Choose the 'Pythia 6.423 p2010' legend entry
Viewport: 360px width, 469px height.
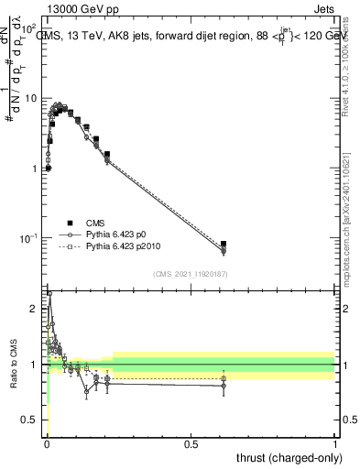pyautogui.click(x=128, y=247)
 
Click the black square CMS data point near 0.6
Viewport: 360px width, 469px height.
pyautogui.click(x=224, y=245)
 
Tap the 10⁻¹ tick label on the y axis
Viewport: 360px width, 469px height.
pyautogui.click(x=29, y=238)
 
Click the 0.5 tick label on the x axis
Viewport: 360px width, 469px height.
pyautogui.click(x=191, y=445)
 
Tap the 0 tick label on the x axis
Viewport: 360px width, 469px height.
pyautogui.click(x=46, y=445)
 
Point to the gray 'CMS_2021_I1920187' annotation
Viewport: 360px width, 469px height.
pyautogui.click(x=190, y=274)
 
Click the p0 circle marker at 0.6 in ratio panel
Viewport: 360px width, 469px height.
pyautogui.click(x=224, y=386)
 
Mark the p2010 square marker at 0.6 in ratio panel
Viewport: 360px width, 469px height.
pyautogui.click(x=224, y=378)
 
